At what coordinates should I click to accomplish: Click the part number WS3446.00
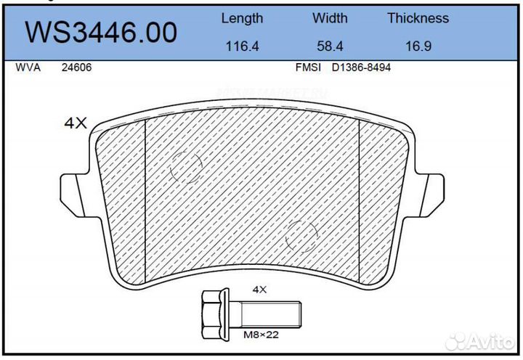click(x=102, y=32)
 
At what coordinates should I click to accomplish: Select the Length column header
click(x=242, y=18)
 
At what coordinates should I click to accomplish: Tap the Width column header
click(x=330, y=18)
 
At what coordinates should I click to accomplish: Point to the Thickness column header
click(x=418, y=18)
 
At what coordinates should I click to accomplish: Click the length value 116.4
click(x=242, y=46)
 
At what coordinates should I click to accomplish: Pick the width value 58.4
click(x=330, y=46)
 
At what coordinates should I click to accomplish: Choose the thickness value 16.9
click(x=418, y=46)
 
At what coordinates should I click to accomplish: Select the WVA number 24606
click(x=76, y=67)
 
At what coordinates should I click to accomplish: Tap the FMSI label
click(x=308, y=67)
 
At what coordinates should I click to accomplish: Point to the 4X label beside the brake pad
click(x=76, y=123)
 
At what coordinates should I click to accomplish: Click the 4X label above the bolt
click(x=259, y=289)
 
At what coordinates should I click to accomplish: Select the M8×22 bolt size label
click(x=259, y=335)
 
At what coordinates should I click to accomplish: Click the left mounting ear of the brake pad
click(x=73, y=192)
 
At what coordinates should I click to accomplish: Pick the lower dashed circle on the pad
click(x=301, y=235)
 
